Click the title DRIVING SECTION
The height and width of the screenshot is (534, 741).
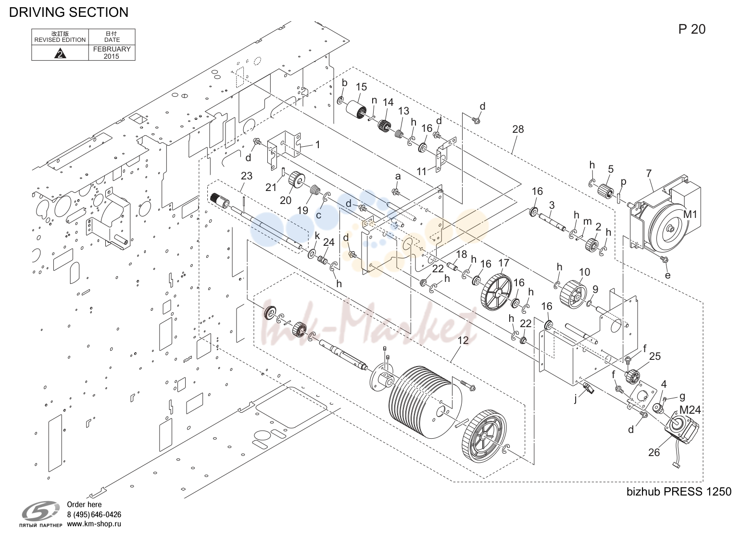point(68,12)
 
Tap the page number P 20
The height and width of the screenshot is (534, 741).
point(692,29)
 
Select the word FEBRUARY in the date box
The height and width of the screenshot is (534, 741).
point(112,49)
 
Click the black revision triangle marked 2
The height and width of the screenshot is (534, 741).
point(60,53)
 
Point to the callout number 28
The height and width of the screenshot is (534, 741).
point(518,129)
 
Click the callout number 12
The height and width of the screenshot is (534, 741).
point(463,340)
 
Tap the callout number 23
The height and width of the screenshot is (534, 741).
point(247,176)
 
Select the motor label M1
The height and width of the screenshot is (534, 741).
point(690,215)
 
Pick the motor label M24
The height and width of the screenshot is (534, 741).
point(690,410)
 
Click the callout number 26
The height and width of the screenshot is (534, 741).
point(654,452)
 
